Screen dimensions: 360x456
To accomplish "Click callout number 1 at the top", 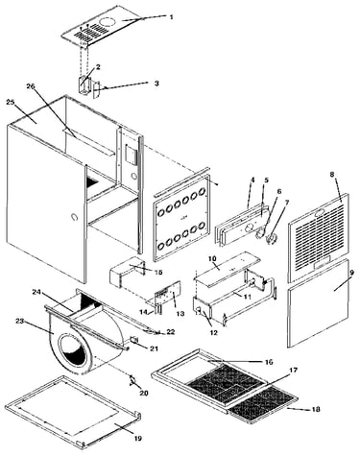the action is pyautogui.click(x=171, y=17).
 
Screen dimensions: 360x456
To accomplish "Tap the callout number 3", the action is pyautogui.click(x=156, y=83).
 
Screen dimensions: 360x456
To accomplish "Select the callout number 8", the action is pyautogui.click(x=332, y=175).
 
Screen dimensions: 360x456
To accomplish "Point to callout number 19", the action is pyautogui.click(x=137, y=438).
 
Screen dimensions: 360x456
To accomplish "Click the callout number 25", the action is pyautogui.click(x=11, y=102).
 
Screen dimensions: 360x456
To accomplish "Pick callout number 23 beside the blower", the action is pyautogui.click(x=20, y=321).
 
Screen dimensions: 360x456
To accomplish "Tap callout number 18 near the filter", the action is pyautogui.click(x=315, y=409).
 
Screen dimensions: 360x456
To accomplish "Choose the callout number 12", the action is pyautogui.click(x=214, y=332).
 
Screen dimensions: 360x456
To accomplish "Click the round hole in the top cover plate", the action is pyautogui.click(x=108, y=22).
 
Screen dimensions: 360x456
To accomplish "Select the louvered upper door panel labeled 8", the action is pyautogui.click(x=318, y=237).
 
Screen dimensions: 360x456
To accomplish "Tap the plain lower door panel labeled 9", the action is pyautogui.click(x=318, y=303).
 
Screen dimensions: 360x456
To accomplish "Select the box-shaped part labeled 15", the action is pyautogui.click(x=127, y=272).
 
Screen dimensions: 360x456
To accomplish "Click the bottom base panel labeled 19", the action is pyautogui.click(x=73, y=412).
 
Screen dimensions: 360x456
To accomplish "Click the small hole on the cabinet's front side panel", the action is pyautogui.click(x=75, y=217).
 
